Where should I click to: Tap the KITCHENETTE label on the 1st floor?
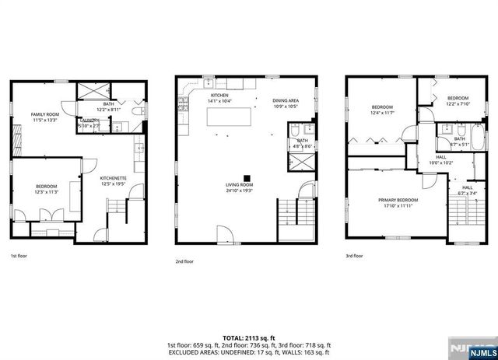[x=113, y=179]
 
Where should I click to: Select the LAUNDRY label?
[x=91, y=121]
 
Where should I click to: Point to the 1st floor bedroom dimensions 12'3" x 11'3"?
[x=46, y=192]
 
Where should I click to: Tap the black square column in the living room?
[x=247, y=176]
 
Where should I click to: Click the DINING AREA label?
[x=286, y=100]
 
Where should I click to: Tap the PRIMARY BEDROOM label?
[x=397, y=200]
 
